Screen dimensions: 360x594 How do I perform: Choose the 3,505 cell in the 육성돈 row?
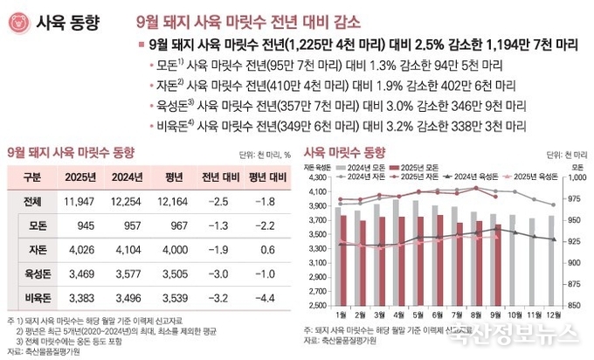[x=174, y=273]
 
